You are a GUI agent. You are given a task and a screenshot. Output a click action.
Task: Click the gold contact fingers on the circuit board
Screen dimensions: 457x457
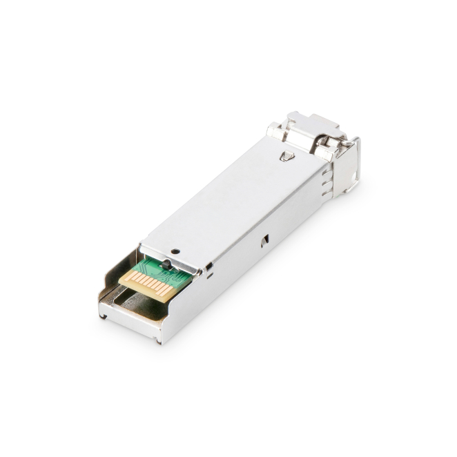147,282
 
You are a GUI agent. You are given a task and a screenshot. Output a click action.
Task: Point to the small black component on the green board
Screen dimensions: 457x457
165,264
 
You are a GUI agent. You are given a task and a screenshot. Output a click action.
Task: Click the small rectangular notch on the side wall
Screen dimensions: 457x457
264,240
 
